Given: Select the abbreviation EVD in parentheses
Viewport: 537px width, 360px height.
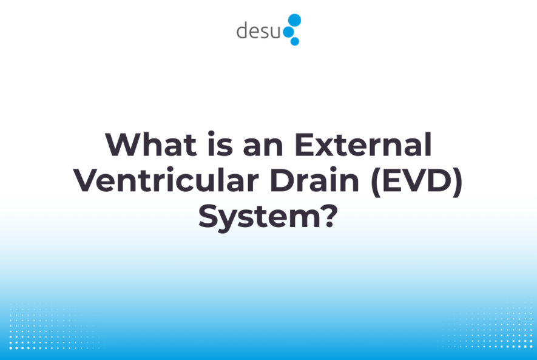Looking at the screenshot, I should click(x=419, y=182).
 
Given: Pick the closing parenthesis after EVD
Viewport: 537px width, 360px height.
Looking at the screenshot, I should click(x=456, y=182).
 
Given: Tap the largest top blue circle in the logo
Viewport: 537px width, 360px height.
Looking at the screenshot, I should click(x=294, y=19).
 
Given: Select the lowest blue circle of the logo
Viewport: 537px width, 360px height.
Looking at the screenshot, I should click(x=295, y=41).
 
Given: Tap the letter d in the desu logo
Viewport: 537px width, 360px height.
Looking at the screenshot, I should click(x=243, y=30).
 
